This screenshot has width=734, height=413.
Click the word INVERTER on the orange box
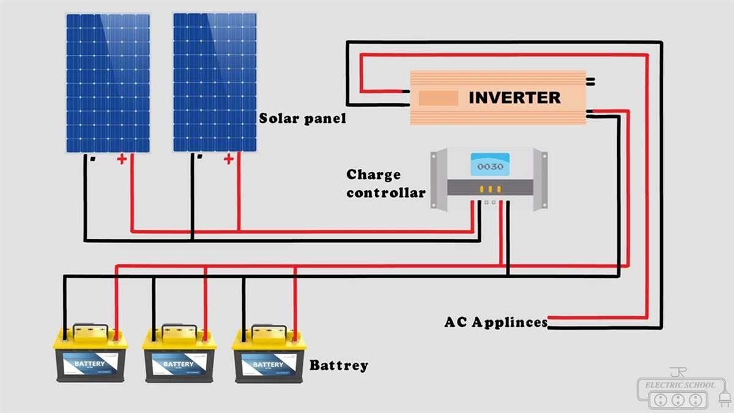click(x=514, y=98)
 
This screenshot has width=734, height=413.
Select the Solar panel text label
click(x=302, y=118)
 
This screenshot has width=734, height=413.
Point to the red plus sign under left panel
click(x=122, y=160)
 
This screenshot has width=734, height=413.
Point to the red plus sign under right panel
click(x=229, y=160)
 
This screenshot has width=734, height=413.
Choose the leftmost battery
click(x=91, y=358)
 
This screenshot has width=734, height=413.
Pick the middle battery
click(x=179, y=358)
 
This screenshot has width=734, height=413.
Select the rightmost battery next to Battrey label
click(x=269, y=358)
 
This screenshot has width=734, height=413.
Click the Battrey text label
click(x=339, y=366)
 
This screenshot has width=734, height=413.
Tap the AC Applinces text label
click(x=495, y=322)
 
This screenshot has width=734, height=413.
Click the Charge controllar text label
click(x=385, y=184)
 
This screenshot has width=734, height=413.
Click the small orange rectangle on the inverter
click(x=438, y=98)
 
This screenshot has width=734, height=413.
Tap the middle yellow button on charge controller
click(x=489, y=189)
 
